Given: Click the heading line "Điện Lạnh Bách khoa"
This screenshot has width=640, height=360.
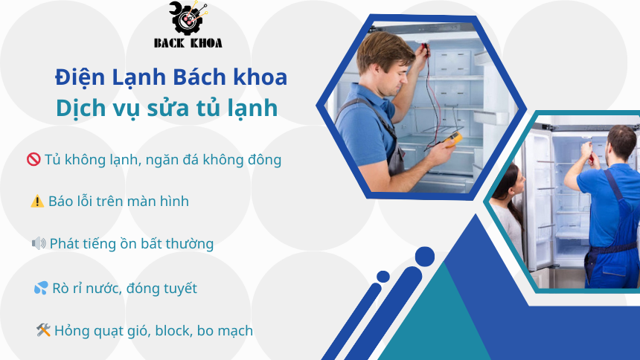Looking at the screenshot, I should coord(170,77).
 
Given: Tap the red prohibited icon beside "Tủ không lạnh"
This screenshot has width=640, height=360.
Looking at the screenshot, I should coord(33,159).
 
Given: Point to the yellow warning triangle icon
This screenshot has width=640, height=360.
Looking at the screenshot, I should coord(37,201).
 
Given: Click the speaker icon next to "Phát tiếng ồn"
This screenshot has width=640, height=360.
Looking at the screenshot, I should coord(39,243).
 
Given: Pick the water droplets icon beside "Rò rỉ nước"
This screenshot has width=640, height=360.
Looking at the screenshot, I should coord(41,288).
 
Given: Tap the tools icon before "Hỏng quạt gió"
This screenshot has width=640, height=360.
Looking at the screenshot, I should coord(43,330).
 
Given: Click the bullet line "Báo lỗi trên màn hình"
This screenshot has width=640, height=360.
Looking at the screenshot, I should coord(118,201).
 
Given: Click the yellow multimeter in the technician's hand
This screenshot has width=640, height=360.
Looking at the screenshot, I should coord(454,138).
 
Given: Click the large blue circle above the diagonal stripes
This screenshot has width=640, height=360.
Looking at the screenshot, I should coord(424,257).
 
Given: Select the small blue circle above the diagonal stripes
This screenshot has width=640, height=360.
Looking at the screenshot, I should coord(383,277).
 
